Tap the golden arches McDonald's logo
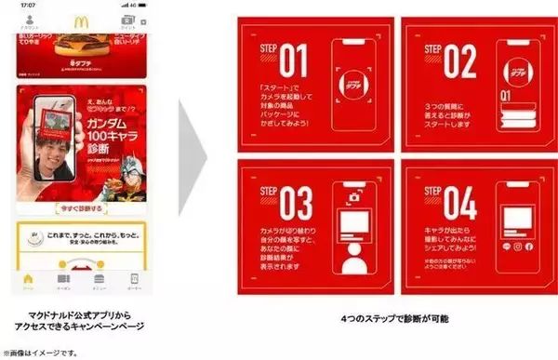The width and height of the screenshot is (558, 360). coord(82,21)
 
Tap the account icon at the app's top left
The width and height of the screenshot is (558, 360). coord(29,21)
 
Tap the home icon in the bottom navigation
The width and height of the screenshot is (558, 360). coord(29,278)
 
